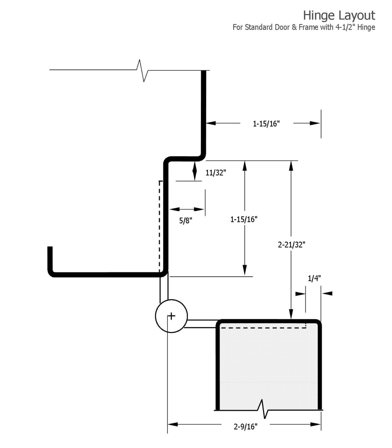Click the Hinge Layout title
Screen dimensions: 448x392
339,15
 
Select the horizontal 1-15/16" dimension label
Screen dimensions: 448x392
266,123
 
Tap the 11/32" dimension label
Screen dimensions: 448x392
215,173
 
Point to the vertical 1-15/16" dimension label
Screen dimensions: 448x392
244,219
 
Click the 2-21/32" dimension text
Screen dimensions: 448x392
291,245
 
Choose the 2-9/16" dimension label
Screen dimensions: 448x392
246,427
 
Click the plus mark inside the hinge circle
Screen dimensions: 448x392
171,316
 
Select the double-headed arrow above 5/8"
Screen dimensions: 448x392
187,209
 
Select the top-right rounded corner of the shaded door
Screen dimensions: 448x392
318,322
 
